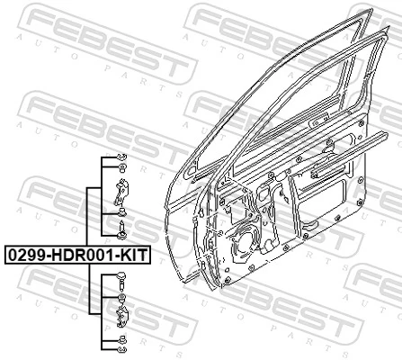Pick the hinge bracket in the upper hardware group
tap(121, 191)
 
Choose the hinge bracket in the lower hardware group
tap(121, 316)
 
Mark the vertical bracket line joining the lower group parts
tap(87, 292)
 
